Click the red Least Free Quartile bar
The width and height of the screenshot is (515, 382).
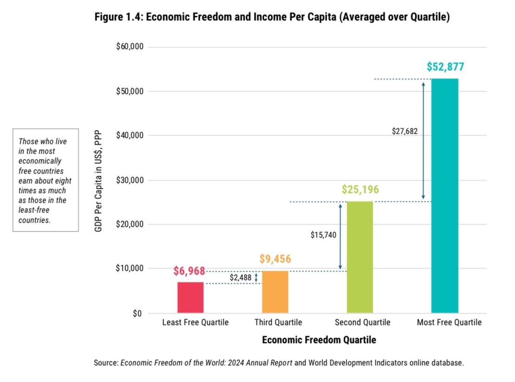coord(191,297)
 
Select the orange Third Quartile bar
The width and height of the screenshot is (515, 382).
coord(275,292)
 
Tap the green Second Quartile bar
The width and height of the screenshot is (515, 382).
coord(360,257)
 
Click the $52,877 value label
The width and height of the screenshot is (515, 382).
coord(445,67)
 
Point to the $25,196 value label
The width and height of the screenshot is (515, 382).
coord(360,190)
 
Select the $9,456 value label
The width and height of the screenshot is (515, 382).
coord(275,259)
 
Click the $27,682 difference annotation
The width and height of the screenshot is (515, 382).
coord(405,131)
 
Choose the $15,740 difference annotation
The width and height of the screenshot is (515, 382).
coord(323,235)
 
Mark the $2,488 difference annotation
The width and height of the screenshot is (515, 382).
coord(241,277)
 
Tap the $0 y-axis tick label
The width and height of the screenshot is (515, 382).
coord(136,313)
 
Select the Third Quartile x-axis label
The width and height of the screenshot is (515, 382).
coord(278,322)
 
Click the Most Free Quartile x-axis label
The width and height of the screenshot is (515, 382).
coord(449,322)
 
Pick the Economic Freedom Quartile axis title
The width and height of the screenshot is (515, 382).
coord(319,340)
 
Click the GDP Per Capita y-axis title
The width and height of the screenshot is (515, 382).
coord(98,181)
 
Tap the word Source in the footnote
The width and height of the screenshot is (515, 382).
coord(106,363)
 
